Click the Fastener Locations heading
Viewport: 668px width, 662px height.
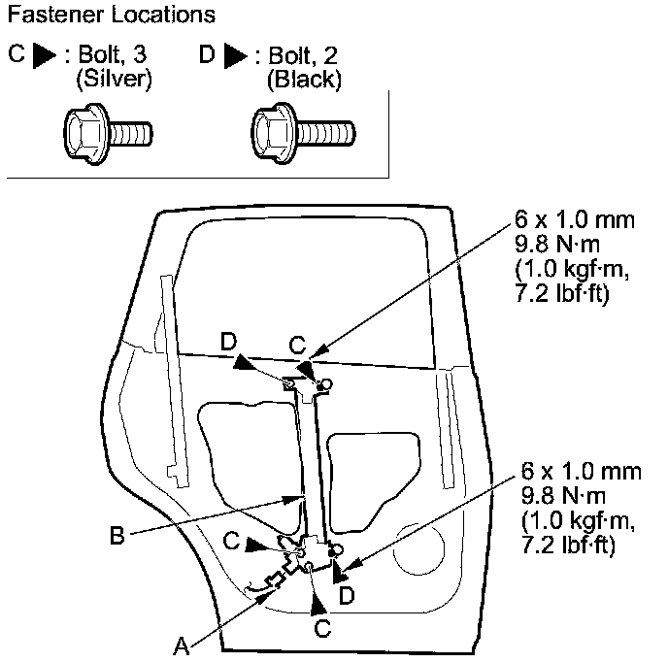point(111,17)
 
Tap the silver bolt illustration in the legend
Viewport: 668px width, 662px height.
point(106,128)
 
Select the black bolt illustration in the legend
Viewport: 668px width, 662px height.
point(302,128)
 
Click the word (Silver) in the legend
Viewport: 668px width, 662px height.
point(114,80)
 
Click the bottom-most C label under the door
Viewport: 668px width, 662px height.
point(321,629)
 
